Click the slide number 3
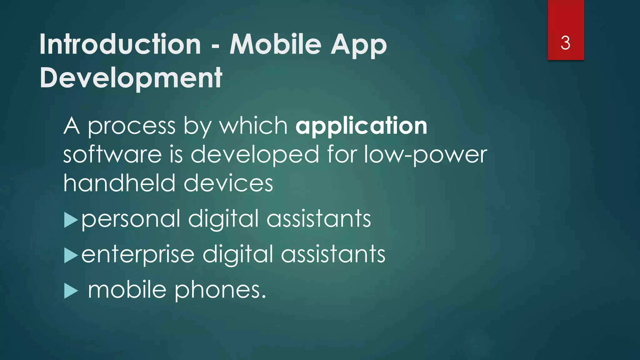[565, 43]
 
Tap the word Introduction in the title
[120, 44]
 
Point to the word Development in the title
[131, 78]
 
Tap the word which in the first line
[253, 126]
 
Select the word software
[112, 154]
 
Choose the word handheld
[119, 183]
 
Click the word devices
[228, 183]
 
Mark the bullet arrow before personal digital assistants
[71, 220]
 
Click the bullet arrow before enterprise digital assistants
[71, 256]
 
